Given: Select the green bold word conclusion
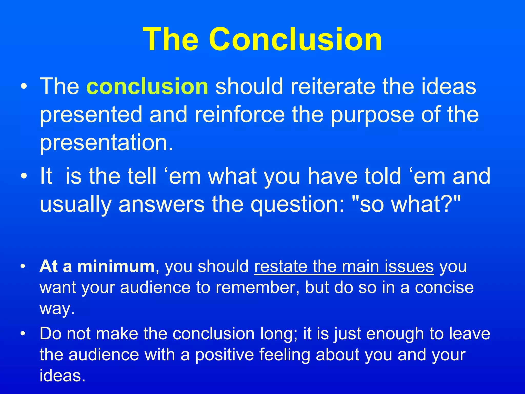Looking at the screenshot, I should pyautogui.click(x=148, y=86).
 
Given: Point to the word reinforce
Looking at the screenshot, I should pyautogui.click(x=240, y=115).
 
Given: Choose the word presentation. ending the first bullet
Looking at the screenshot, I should pyautogui.click(x=106, y=143).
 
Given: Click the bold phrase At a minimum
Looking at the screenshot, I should pyautogui.click(x=97, y=267).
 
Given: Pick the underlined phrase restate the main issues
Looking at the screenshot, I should pyautogui.click(x=344, y=267).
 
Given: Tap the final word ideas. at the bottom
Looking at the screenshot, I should pyautogui.click(x=62, y=376).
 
